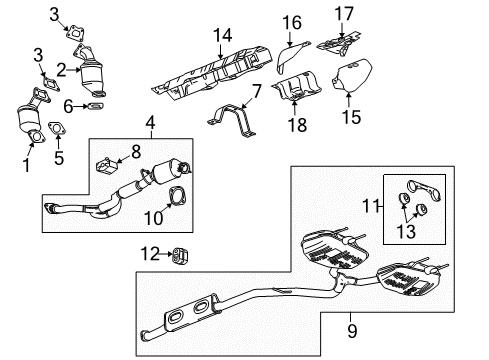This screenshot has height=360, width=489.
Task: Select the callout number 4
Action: (x=151, y=123)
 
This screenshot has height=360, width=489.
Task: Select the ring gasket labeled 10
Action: (x=175, y=195)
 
